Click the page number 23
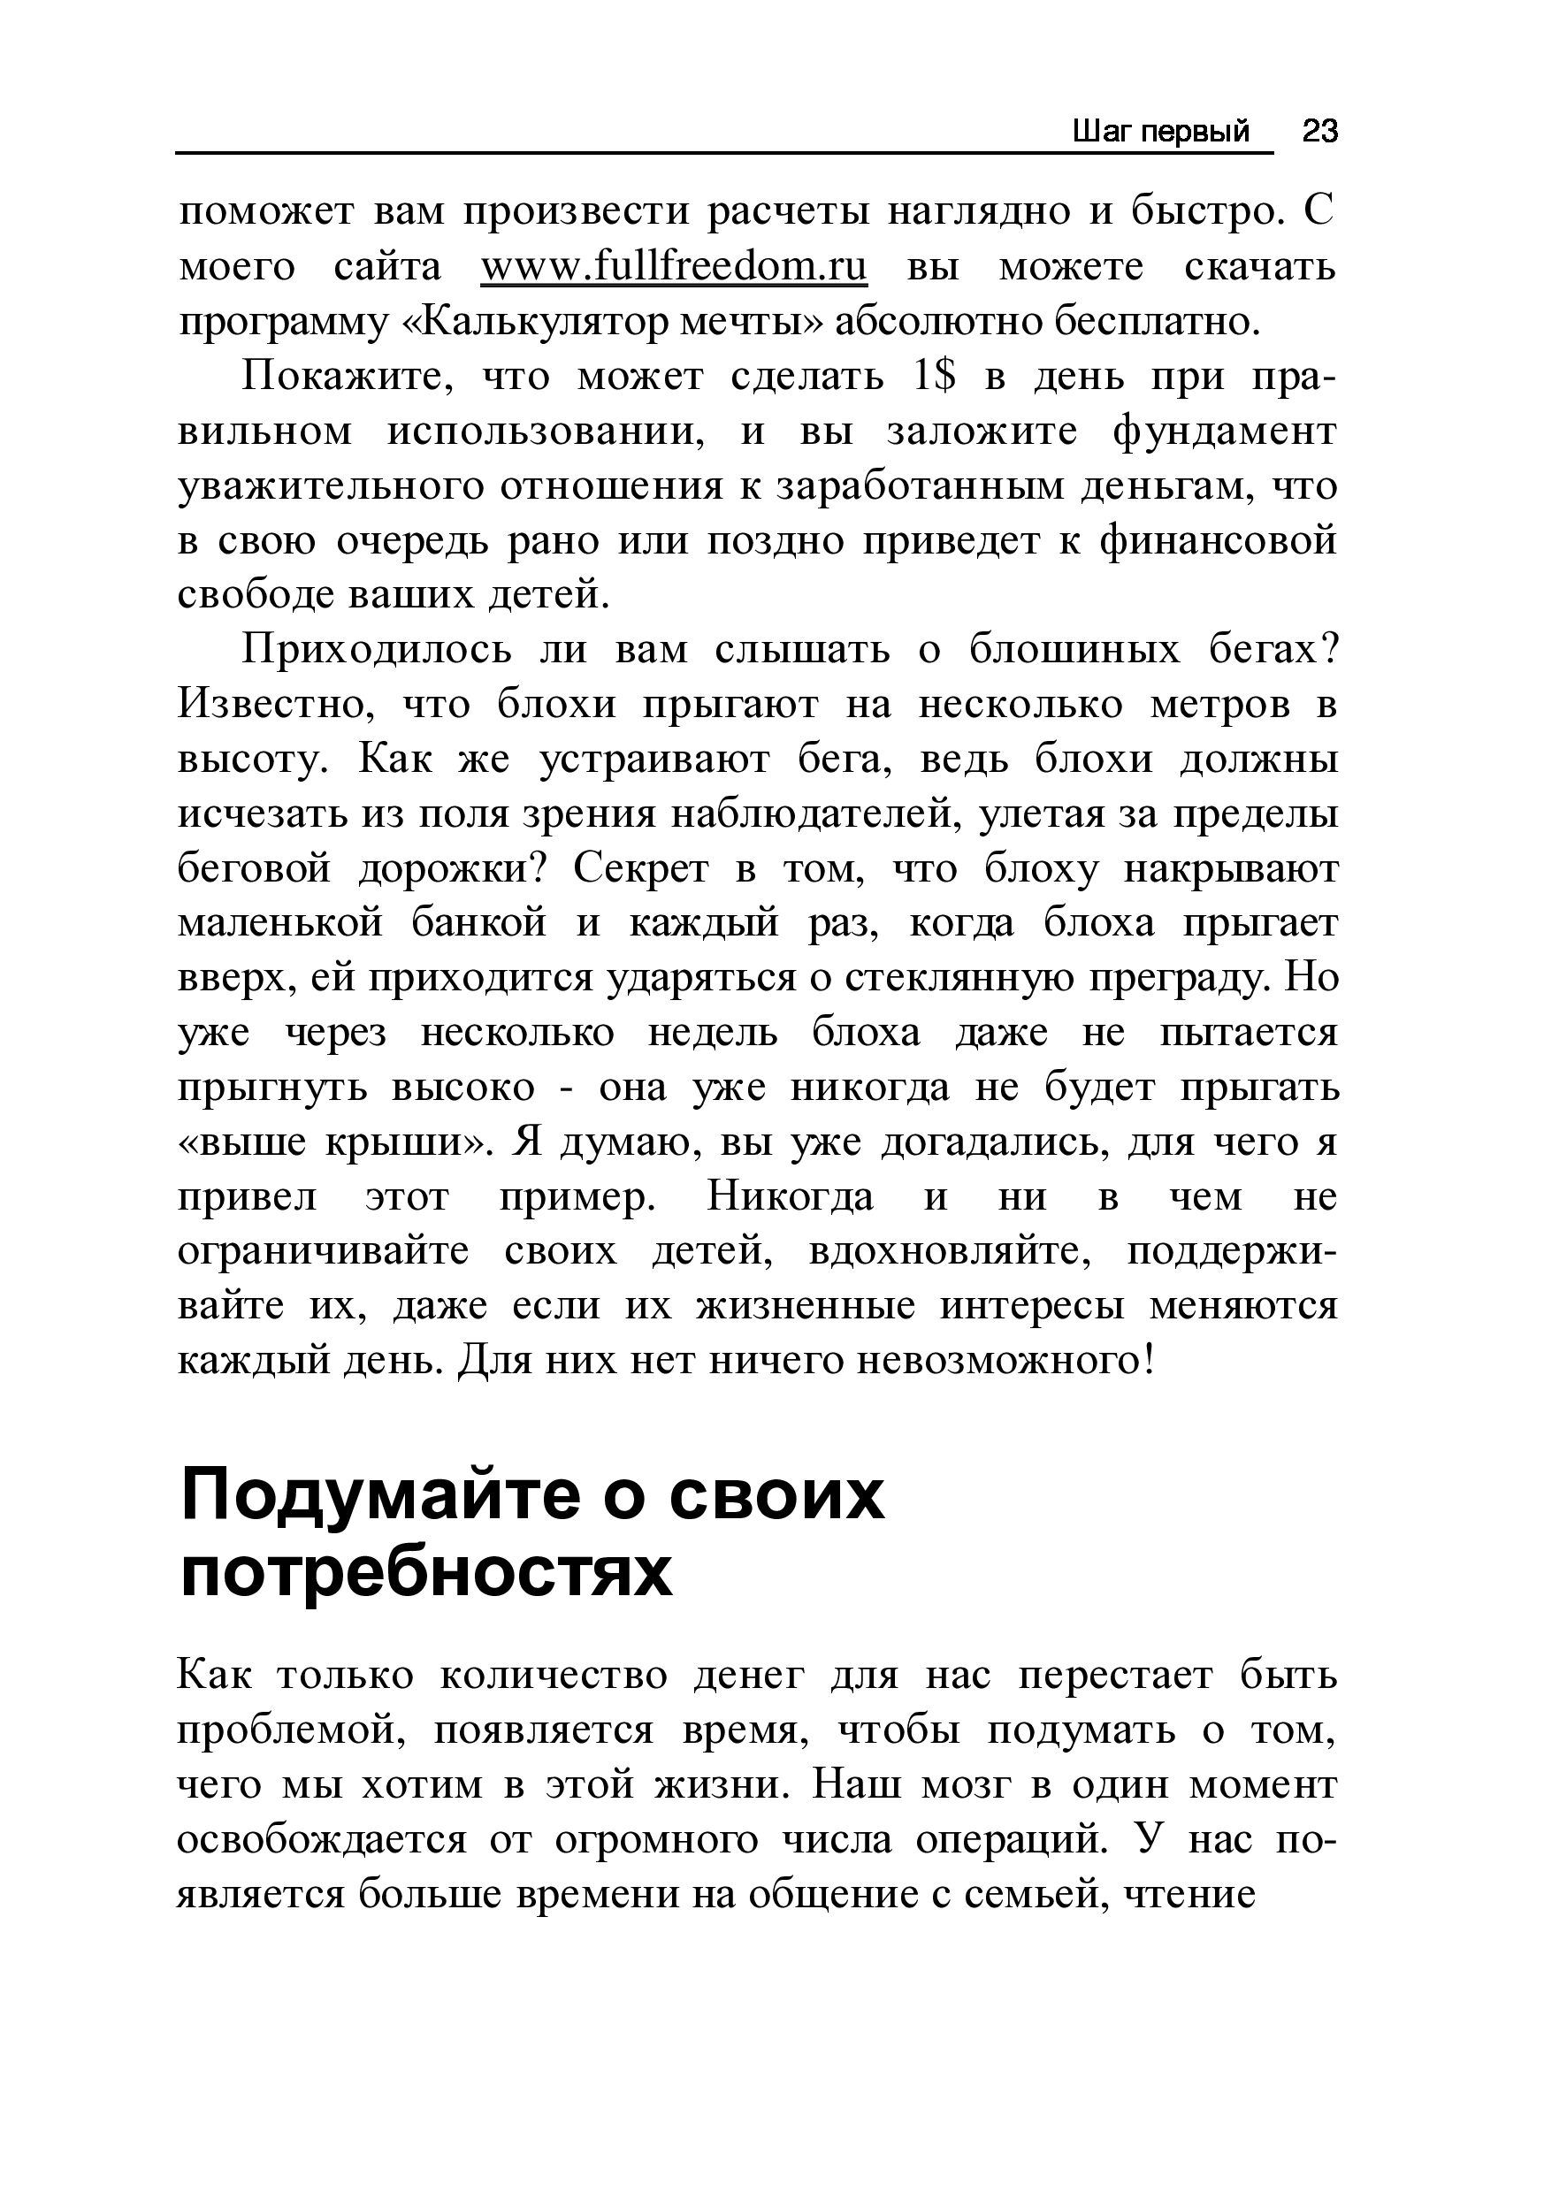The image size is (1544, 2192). (1319, 131)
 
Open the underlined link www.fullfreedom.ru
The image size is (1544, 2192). (674, 267)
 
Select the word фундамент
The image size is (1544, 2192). (1224, 432)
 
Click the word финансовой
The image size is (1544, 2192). (1219, 541)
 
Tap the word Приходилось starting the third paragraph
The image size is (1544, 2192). (378, 650)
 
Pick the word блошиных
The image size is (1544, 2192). (1073, 650)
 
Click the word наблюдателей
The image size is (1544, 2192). (814, 814)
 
